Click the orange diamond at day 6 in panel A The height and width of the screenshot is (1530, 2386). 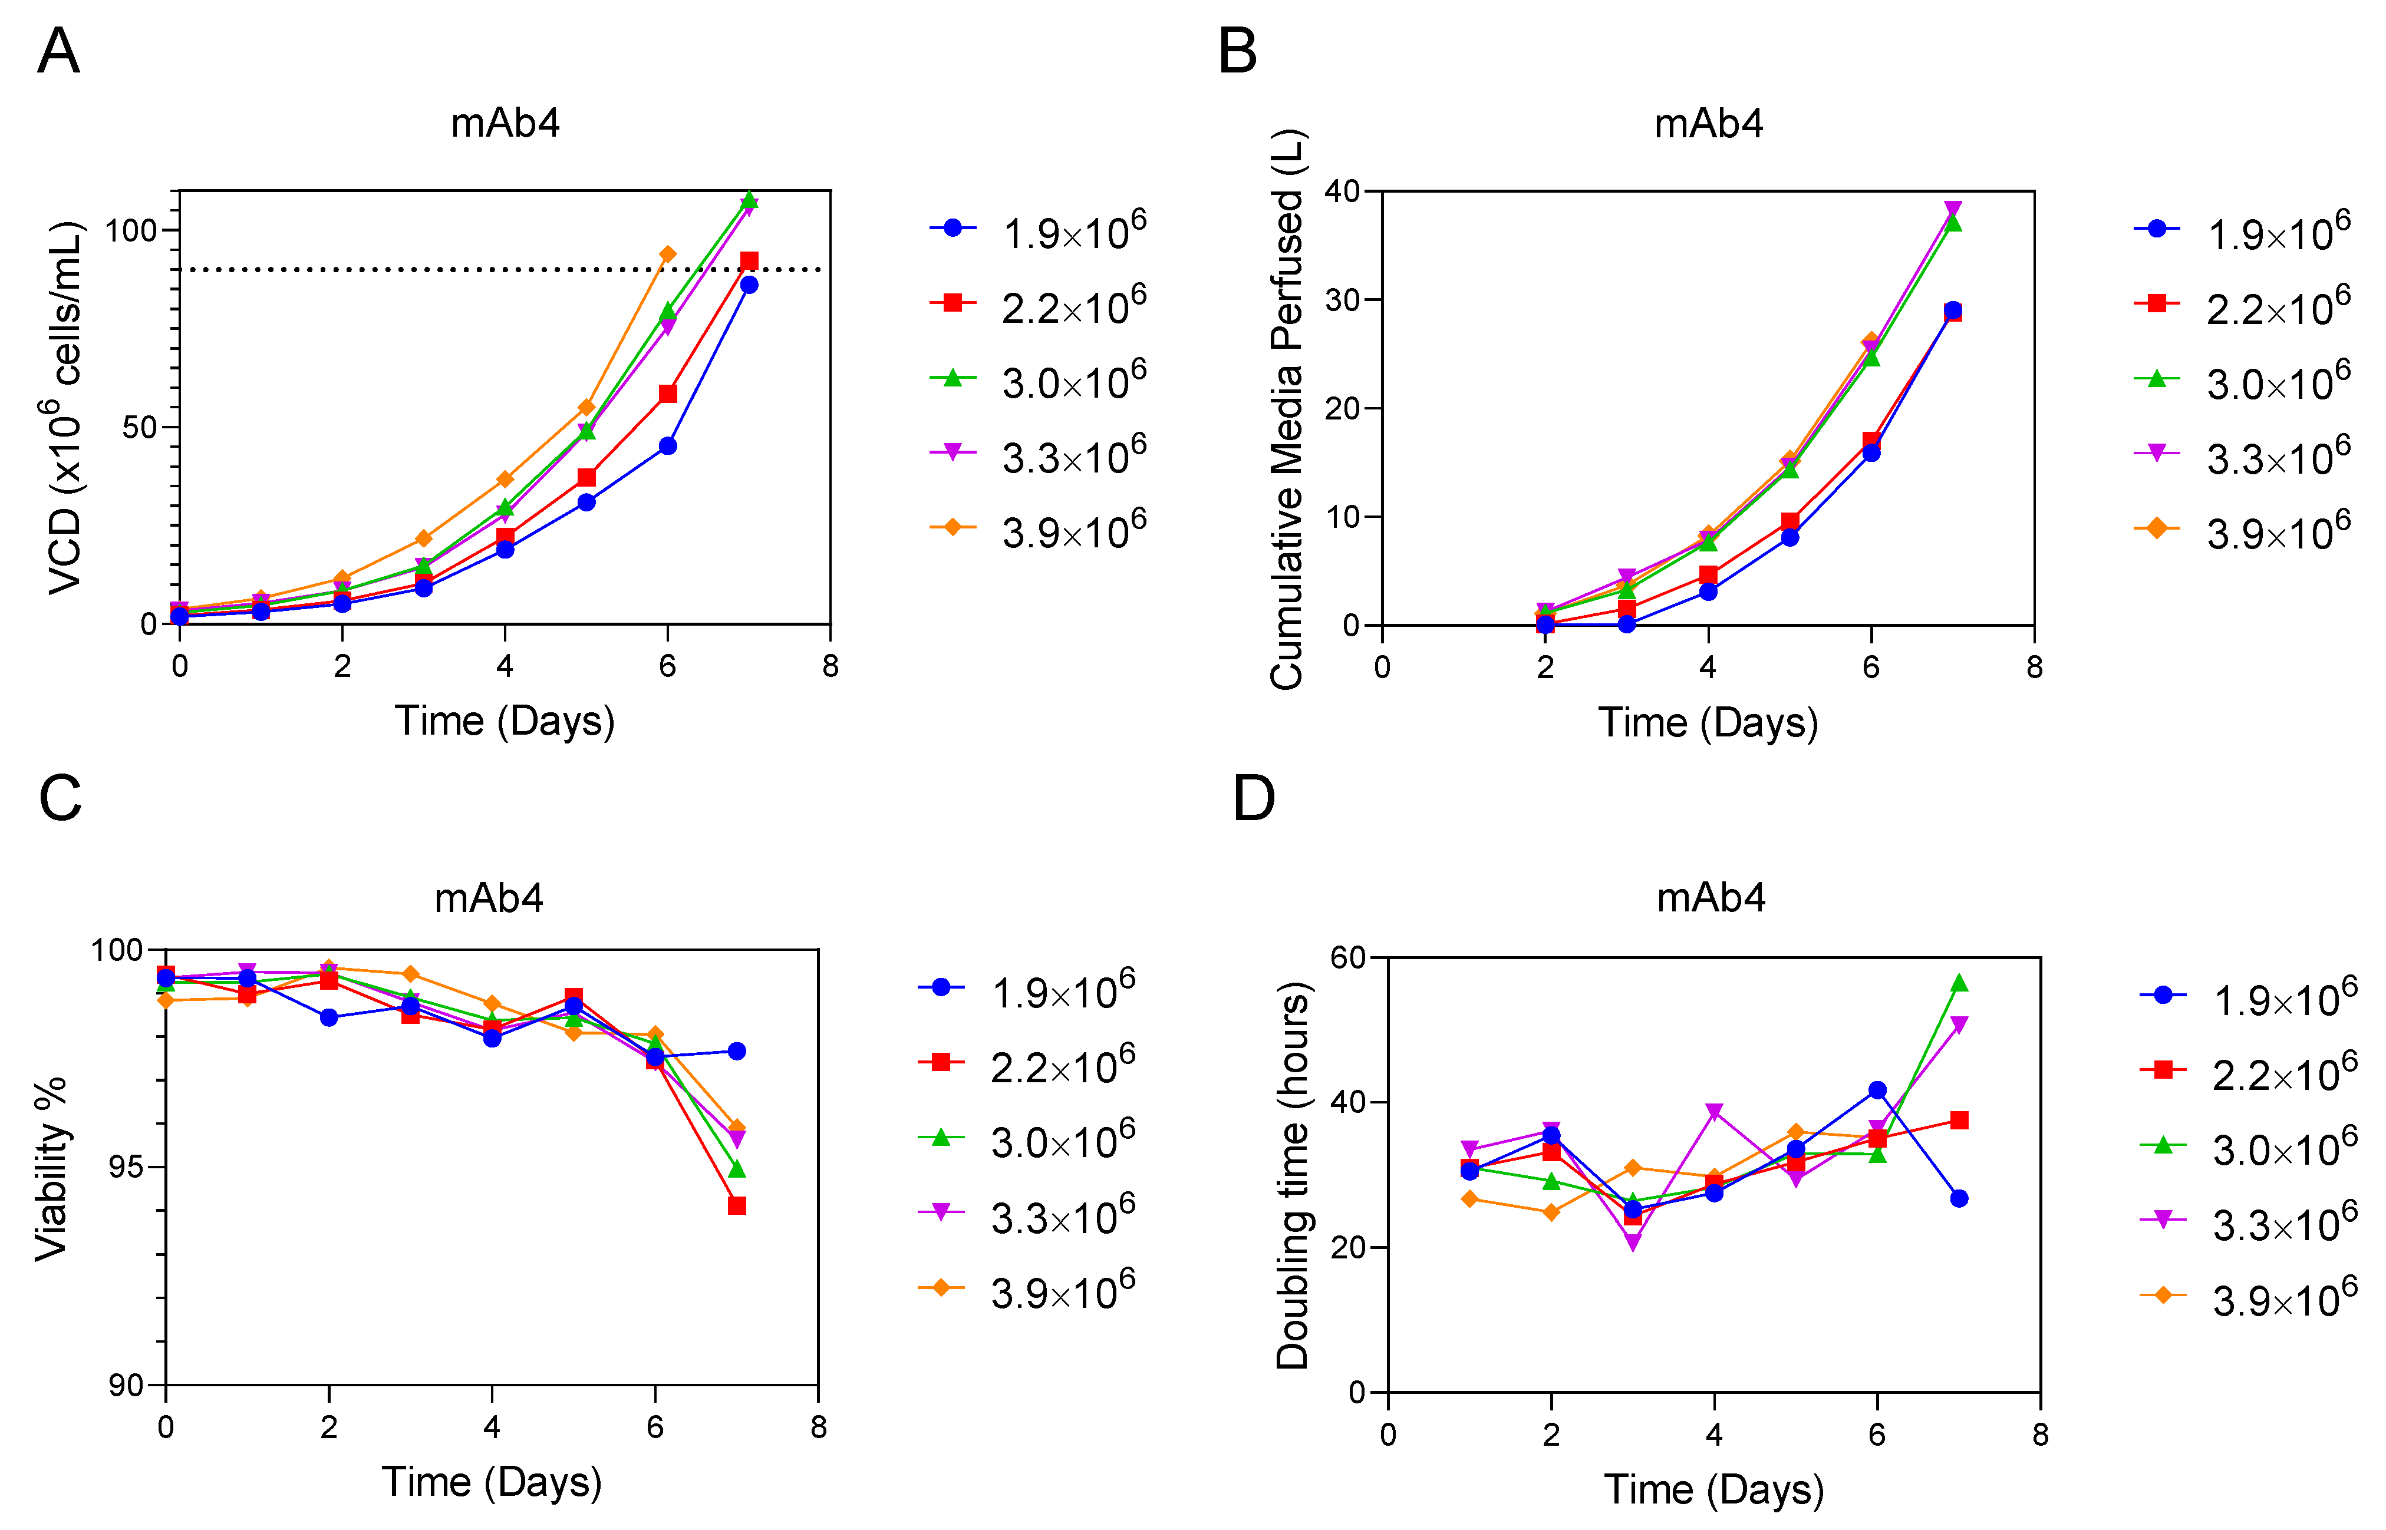tap(668, 255)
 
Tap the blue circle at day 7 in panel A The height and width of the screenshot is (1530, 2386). tap(749, 284)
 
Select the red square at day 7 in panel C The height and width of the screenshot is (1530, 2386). tap(736, 1205)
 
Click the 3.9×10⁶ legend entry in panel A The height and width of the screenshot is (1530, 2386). tap(1039, 528)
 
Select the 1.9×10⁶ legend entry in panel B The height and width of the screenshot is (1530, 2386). tap(2242, 230)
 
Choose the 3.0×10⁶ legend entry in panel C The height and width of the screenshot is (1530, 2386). tap(1027, 1139)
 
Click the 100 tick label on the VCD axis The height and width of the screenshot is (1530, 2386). tap(131, 230)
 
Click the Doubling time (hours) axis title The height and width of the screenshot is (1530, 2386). tap(1293, 1175)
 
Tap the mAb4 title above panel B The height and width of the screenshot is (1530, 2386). tap(1708, 123)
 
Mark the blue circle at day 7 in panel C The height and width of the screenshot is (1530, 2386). tap(736, 1051)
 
